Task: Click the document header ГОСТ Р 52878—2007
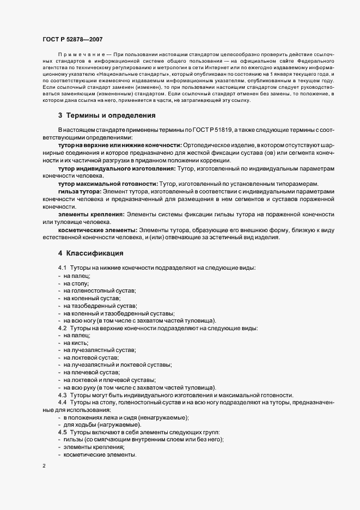point(72,39)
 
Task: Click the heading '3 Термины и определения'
point(100,131)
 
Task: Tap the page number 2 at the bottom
point(44,467)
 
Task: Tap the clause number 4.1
point(62,269)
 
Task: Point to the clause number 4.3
point(62,394)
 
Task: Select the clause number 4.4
point(62,402)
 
